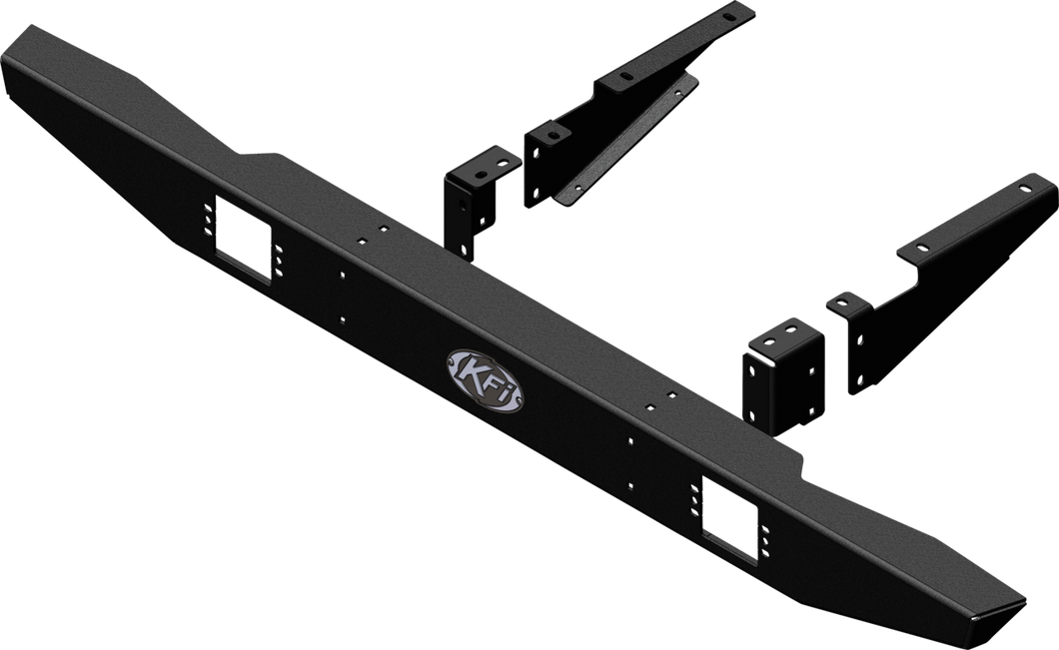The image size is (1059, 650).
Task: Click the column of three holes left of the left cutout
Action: click(x=207, y=226)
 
